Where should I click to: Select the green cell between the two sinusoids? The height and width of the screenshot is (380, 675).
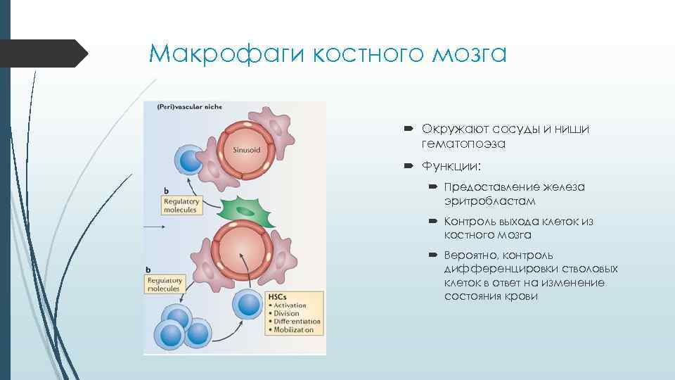[243, 211]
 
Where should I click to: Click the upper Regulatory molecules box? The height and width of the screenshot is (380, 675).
[181, 205]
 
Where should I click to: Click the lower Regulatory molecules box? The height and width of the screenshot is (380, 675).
[163, 284]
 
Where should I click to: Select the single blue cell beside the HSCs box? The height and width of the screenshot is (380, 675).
[247, 305]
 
